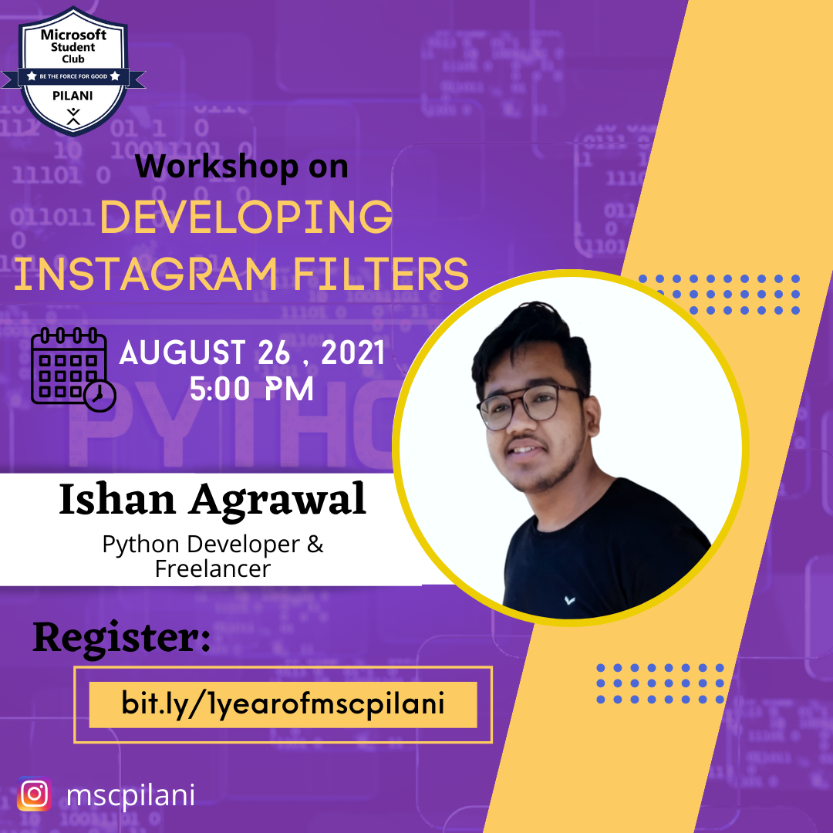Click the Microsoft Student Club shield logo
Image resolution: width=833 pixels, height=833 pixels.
point(73,71)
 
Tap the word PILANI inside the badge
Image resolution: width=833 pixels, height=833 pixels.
point(73,96)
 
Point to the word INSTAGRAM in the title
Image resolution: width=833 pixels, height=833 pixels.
point(146,274)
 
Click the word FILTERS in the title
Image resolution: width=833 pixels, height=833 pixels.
point(380,274)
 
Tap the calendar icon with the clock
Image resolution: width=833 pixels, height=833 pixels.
point(73,369)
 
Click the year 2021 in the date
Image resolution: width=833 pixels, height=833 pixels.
point(352,352)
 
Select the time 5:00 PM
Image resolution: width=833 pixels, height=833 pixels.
point(251,389)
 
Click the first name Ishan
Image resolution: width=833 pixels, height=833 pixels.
point(117,499)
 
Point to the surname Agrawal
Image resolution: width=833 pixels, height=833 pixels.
point(278,501)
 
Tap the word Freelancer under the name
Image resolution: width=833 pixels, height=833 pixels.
point(213,569)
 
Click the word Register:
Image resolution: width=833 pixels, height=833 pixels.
point(122,638)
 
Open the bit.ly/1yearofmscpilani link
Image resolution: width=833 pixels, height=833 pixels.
point(282,704)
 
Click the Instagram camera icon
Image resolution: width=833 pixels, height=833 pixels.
point(35,794)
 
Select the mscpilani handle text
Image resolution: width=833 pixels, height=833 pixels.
point(130,795)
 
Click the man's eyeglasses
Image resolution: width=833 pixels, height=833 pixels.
point(531,406)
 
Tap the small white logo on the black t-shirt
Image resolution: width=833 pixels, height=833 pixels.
point(569,600)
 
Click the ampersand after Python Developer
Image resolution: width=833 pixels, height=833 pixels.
point(315,544)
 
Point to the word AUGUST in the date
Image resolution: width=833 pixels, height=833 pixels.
point(183,352)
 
